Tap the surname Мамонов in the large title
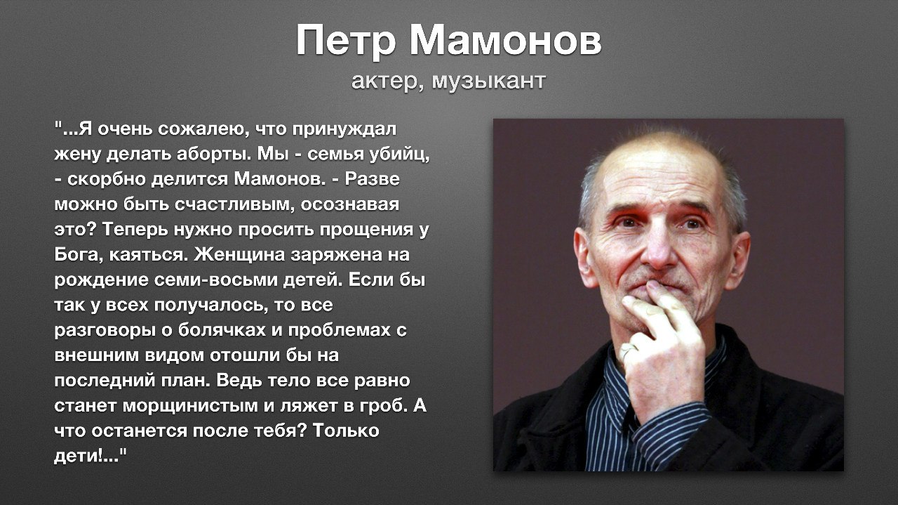click(x=506, y=40)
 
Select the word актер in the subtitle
click(x=387, y=81)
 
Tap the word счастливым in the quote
click(x=234, y=204)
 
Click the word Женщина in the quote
click(x=239, y=254)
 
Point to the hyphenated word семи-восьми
click(x=216, y=280)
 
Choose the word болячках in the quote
click(x=222, y=330)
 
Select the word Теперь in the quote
click(x=135, y=230)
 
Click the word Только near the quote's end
click(x=346, y=431)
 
